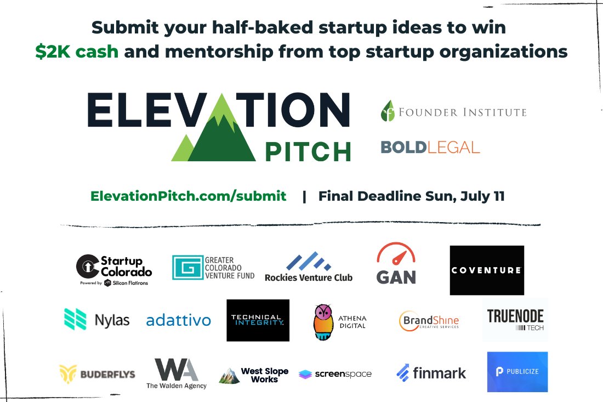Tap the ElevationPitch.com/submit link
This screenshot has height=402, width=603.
(x=188, y=196)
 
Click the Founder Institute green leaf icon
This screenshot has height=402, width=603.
(x=388, y=111)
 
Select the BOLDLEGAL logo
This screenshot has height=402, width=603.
(x=430, y=147)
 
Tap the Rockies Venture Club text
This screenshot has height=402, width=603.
(x=308, y=278)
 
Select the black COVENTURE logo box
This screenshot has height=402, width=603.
(x=487, y=270)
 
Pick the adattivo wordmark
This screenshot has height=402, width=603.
(x=178, y=320)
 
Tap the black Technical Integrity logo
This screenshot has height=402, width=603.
(x=258, y=320)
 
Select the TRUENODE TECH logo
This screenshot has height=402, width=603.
(x=515, y=320)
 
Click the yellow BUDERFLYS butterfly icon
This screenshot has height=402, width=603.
(x=68, y=374)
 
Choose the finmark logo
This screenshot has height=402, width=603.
(x=431, y=373)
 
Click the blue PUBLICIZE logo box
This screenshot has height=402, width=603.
(x=517, y=371)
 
